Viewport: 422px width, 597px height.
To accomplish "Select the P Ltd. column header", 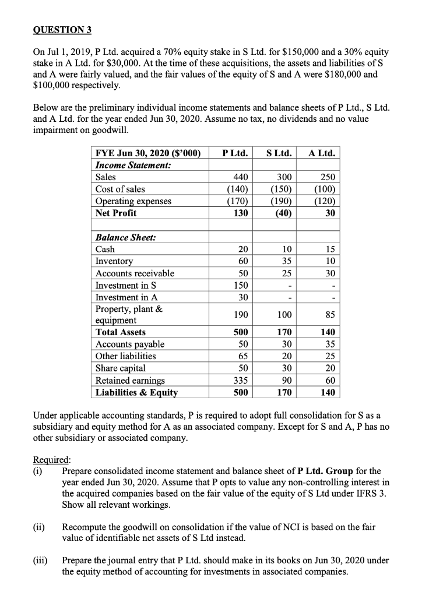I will (235, 153).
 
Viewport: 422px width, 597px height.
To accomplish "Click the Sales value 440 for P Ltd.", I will (241, 177).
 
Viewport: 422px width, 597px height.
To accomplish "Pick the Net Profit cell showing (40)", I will (282, 213).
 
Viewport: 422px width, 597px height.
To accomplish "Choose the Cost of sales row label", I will (121, 189).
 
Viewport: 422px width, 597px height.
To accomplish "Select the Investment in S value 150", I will (241, 285).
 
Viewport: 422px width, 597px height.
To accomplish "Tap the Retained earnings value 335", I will (241, 380).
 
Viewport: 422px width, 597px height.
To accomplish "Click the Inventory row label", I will (114, 261).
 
